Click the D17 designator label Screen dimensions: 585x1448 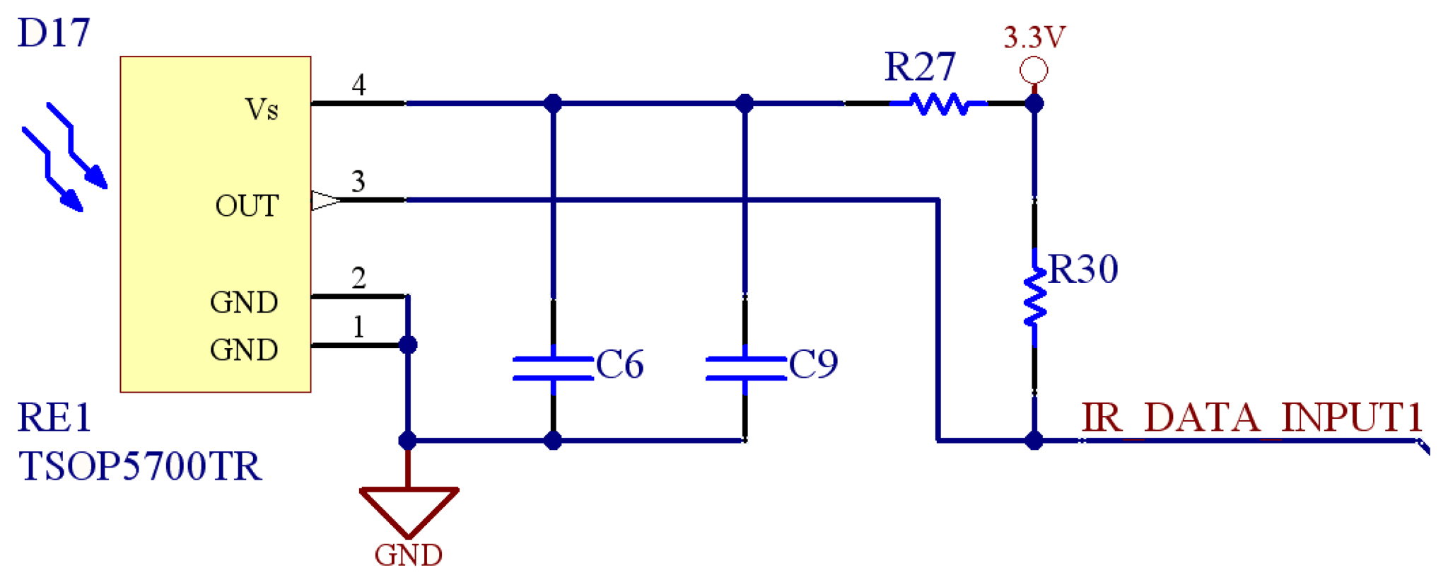pos(54,33)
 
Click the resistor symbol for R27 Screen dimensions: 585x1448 pos(938,104)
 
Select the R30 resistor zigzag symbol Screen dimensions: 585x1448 pos(1034,297)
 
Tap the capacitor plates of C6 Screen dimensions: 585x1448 pos(553,369)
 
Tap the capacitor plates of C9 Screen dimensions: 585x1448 pos(745,369)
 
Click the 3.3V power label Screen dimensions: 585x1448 pos(1034,37)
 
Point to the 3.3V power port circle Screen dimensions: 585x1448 pos(1034,70)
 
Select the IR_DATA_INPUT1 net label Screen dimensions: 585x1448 pos(1251,417)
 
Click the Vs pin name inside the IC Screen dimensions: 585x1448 pos(261,110)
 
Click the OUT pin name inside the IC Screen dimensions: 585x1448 pos(247,206)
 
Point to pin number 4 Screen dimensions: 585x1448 pos(358,86)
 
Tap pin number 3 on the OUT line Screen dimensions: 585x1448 pos(358,182)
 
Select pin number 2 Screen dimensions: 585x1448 pos(358,278)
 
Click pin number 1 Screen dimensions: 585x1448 pos(358,327)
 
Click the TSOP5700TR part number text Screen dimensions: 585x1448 pos(140,466)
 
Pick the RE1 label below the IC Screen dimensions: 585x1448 pos(54,417)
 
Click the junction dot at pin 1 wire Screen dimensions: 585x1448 pos(408,345)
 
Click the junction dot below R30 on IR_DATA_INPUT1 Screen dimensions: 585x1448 pos(1034,441)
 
